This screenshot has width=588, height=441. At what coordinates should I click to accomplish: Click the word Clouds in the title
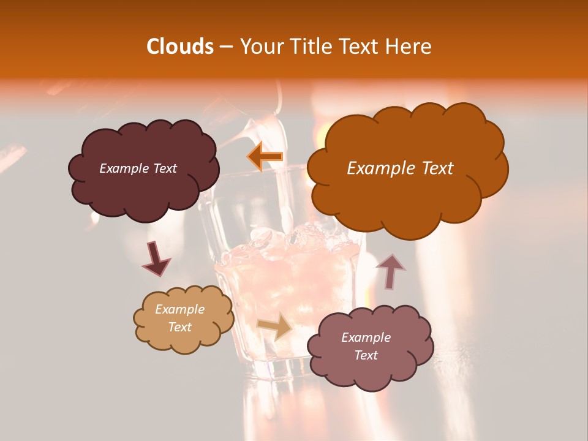click(x=180, y=47)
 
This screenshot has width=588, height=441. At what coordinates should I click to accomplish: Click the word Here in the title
click(x=408, y=47)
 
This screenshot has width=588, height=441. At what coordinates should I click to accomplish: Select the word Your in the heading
click(x=260, y=47)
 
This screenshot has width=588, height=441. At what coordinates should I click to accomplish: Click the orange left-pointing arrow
click(x=265, y=157)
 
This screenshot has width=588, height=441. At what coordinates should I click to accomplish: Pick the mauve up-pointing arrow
click(x=391, y=271)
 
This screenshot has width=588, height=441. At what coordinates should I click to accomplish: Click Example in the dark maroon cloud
click(x=124, y=168)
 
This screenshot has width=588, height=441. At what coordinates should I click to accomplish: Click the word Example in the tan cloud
click(x=180, y=309)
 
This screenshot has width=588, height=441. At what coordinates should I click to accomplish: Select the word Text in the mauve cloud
click(x=366, y=355)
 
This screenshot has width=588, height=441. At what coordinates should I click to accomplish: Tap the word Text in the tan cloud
click(x=180, y=327)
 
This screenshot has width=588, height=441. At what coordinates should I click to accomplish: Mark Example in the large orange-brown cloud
click(x=376, y=168)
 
